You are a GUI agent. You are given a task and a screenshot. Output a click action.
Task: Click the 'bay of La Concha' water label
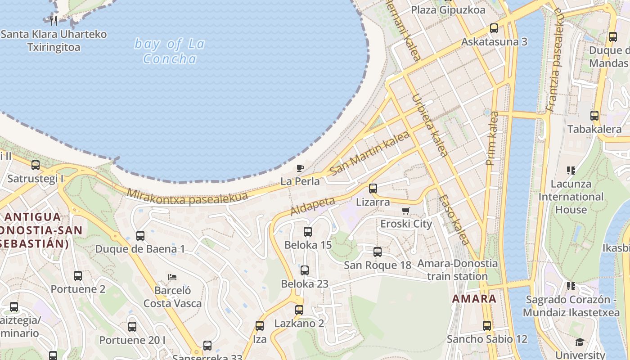click(170, 51)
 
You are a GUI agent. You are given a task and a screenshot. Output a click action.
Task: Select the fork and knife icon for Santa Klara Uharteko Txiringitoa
click(54, 20)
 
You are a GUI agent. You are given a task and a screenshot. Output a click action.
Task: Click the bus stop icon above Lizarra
click(373, 189)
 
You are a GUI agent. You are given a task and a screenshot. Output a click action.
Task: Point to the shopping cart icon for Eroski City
click(406, 211)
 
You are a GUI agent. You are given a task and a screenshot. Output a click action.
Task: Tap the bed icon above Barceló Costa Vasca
click(172, 277)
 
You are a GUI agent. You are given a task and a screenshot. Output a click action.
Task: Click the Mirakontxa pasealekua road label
click(187, 197)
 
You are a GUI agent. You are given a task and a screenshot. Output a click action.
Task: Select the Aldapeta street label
click(313, 206)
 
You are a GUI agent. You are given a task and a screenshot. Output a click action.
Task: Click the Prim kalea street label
click(493, 138)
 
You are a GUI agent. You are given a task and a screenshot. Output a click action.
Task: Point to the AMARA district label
click(474, 299)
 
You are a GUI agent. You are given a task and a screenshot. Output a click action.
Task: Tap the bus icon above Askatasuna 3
click(494, 28)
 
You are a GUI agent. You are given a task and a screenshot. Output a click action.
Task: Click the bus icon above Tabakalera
click(594, 116)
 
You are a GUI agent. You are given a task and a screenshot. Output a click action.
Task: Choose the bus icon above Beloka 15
click(308, 232)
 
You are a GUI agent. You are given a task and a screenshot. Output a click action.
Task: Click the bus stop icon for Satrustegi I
click(36, 165)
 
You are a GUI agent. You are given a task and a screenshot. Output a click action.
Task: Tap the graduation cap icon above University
click(580, 342)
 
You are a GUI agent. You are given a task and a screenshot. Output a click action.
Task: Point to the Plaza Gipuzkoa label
click(448, 10)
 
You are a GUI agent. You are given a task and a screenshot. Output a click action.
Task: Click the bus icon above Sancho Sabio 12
click(487, 325)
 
